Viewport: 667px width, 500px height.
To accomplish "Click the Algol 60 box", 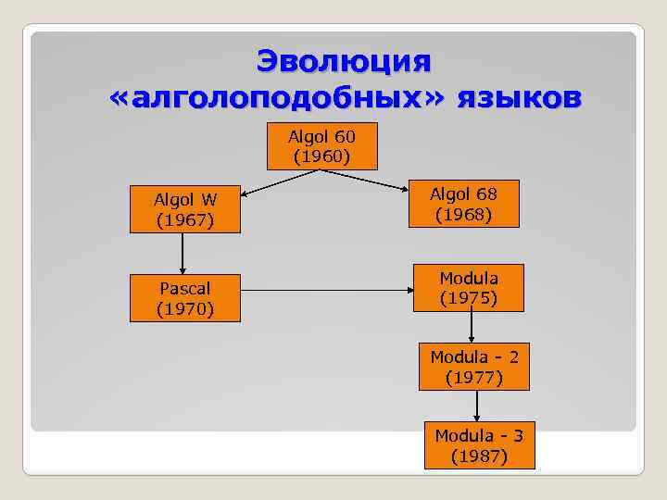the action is tap(321, 146).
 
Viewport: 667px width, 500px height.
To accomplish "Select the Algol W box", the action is tap(184, 209).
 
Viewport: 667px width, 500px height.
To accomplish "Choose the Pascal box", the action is tap(185, 297).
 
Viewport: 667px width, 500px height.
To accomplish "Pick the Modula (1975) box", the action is tap(468, 288).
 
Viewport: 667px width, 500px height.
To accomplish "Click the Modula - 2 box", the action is tap(473, 367).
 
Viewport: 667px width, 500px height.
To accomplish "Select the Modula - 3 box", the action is tap(479, 445).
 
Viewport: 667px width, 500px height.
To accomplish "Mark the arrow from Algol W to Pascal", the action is tap(183, 254).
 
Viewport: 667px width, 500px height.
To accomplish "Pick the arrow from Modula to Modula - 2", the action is tap(472, 327).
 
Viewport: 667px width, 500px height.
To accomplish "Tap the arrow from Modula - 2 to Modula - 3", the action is tap(477, 406).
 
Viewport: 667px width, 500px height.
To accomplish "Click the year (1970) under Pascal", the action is tap(185, 307).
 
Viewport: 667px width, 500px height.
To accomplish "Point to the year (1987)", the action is tap(479, 456).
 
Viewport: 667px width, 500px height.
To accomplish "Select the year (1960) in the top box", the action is tap(321, 156).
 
